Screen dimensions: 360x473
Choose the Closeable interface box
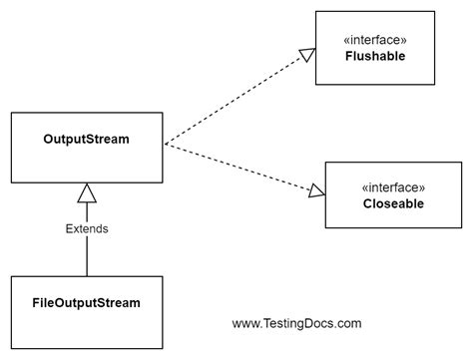pyautogui.click(x=393, y=195)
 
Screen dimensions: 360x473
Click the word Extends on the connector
pyautogui.click(x=86, y=228)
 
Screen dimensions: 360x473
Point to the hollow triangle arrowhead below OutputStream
pyautogui.click(x=87, y=194)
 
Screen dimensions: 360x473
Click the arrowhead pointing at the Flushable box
pyautogui.click(x=307, y=56)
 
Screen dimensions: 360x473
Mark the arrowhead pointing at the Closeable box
pyautogui.click(x=316, y=189)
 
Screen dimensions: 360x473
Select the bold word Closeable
pyautogui.click(x=393, y=204)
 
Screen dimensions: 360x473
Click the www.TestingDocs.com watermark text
pyautogui.click(x=296, y=323)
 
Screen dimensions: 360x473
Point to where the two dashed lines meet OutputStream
pyautogui.click(x=165, y=145)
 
